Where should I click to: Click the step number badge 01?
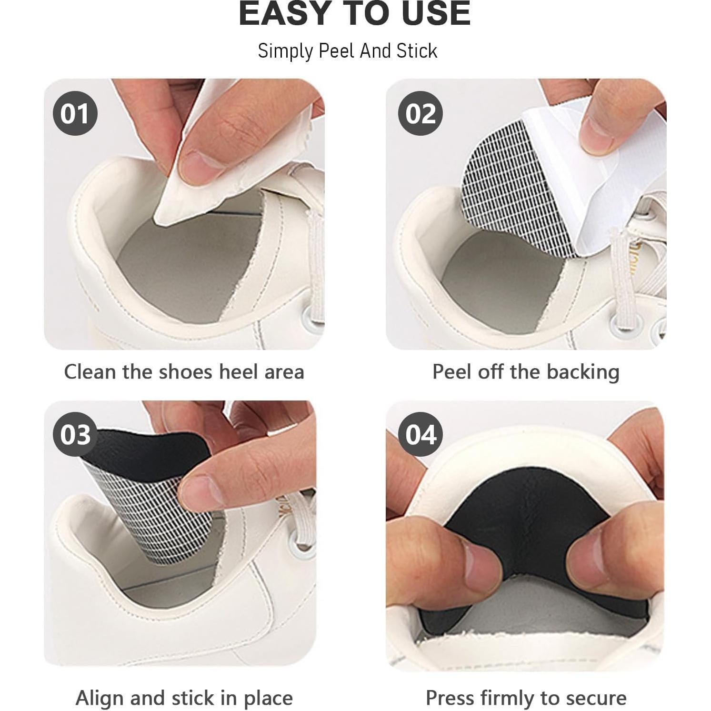click(x=75, y=114)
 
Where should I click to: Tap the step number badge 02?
click(x=421, y=114)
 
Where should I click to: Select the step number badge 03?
click(x=75, y=434)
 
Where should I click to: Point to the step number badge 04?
click(x=421, y=434)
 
